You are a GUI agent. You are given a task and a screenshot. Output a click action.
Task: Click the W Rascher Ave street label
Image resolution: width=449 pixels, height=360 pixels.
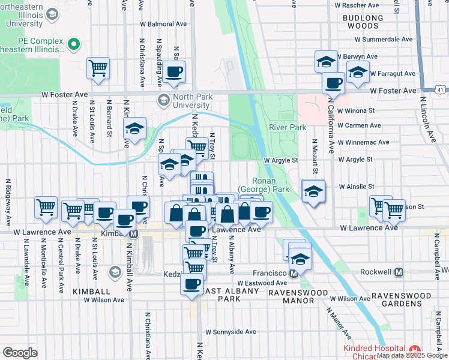coord(352,5)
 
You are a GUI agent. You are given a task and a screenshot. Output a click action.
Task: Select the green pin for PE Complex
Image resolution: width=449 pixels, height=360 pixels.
coord(74,43)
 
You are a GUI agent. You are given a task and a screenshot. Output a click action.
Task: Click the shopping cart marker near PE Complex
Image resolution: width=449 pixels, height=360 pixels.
coord(98,67)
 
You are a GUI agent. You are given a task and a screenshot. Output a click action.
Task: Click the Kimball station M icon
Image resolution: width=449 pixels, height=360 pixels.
coord(134,233)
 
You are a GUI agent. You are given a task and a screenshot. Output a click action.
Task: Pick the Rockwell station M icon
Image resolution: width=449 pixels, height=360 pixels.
coord(400,272)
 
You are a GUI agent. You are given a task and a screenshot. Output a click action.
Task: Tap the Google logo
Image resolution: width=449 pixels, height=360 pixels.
coord(20,352)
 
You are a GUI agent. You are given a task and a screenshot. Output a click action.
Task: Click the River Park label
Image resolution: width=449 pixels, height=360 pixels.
coord(288,127)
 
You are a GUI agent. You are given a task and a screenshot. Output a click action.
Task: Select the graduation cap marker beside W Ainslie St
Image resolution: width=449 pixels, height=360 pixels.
coord(313,191)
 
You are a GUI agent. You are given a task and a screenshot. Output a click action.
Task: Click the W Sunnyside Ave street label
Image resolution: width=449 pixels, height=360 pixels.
coord(231,331)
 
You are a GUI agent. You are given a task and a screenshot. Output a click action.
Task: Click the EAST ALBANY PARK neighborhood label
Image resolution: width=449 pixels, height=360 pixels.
coord(229,295)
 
